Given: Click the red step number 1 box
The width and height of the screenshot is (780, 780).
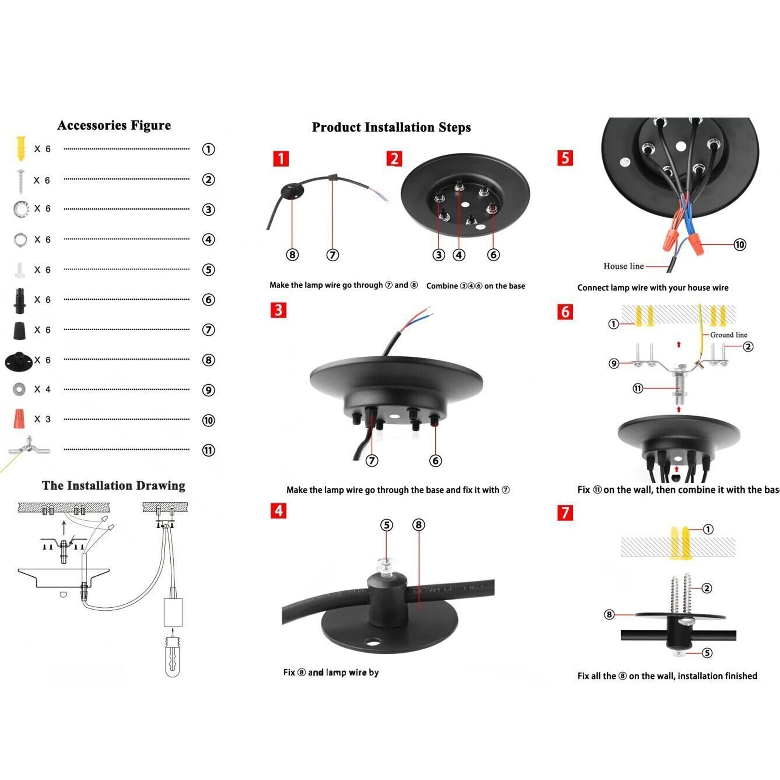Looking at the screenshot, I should point(281,158).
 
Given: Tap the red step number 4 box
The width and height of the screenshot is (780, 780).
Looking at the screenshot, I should point(279,510).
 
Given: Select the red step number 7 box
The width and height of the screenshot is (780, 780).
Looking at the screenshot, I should point(565,513).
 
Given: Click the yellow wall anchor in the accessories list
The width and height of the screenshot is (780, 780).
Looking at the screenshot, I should point(20,148).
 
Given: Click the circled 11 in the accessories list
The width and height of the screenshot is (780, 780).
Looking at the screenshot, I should point(208,450).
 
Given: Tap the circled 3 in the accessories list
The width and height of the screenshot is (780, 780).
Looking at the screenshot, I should point(208,210).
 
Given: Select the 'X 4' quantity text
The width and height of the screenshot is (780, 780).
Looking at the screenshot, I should point(42,389).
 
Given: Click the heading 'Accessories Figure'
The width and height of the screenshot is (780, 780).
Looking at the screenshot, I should point(114,125).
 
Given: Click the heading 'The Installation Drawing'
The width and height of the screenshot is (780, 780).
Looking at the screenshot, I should point(113,485).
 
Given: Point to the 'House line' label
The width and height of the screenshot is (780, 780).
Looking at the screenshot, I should point(623,266).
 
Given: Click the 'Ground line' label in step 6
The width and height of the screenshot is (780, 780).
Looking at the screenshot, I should point(728,335).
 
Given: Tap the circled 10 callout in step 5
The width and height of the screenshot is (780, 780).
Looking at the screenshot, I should point(740,245).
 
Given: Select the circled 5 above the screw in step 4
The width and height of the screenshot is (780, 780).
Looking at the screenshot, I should point(387,525).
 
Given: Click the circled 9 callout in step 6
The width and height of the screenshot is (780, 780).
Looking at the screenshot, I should point(614,364).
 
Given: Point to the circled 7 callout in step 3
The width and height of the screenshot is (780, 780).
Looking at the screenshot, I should point(372,461).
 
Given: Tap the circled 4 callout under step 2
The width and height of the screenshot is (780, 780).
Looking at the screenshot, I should point(459,255).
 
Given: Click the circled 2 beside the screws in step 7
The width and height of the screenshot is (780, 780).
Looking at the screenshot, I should point(707,588).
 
